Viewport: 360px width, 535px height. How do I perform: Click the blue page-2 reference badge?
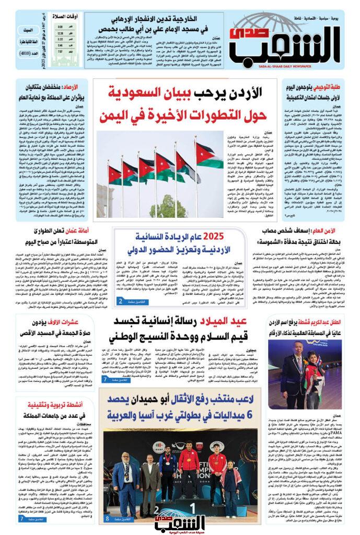click(127, 301)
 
